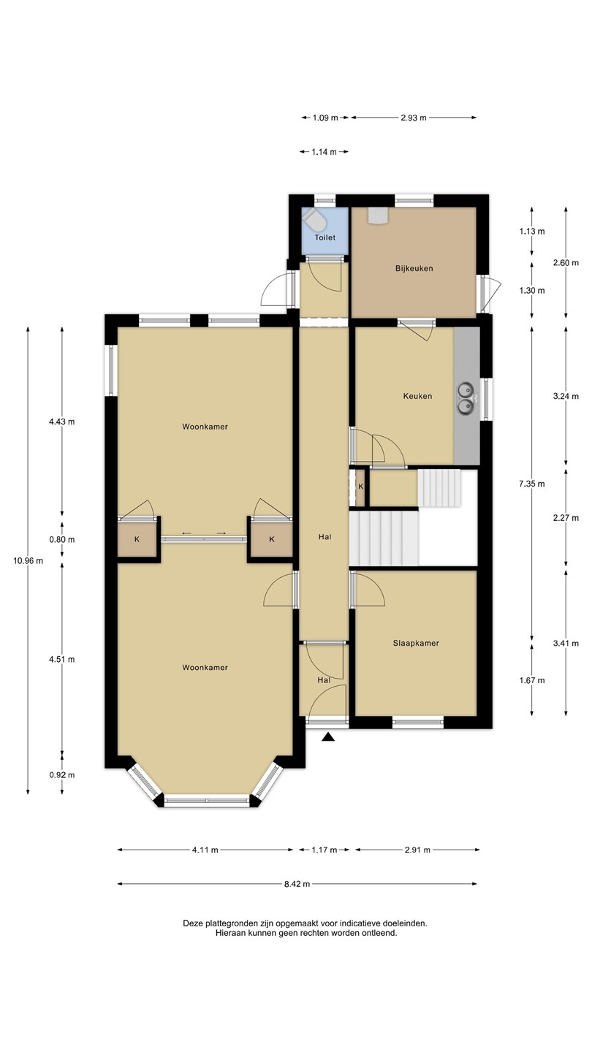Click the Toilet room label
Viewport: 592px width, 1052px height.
pyautogui.click(x=325, y=237)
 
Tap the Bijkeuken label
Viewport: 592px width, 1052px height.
pyautogui.click(x=414, y=269)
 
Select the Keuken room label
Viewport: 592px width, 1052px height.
pyautogui.click(x=418, y=396)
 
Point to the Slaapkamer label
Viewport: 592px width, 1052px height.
pyautogui.click(x=416, y=643)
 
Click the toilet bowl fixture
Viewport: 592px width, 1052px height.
pyautogui.click(x=313, y=218)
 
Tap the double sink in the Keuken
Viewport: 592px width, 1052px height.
pyautogui.click(x=466, y=397)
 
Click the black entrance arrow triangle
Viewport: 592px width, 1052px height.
pyautogui.click(x=328, y=737)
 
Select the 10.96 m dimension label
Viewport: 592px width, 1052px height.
pyautogui.click(x=29, y=560)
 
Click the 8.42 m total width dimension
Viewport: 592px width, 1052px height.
pyautogui.click(x=297, y=884)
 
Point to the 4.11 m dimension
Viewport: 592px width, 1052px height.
pyautogui.click(x=205, y=850)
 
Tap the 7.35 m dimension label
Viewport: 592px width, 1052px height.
pyautogui.click(x=532, y=484)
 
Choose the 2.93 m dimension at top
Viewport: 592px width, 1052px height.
pyautogui.click(x=414, y=118)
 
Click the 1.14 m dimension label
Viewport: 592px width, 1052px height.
pyautogui.click(x=325, y=152)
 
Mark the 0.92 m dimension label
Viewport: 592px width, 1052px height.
pyautogui.click(x=62, y=775)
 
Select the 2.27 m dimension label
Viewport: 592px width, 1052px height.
pyautogui.click(x=566, y=518)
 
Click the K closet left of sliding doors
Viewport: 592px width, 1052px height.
pyautogui.click(x=137, y=539)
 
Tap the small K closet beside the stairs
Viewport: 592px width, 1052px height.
pyautogui.click(x=361, y=487)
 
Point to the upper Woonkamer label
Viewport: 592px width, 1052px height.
pyautogui.click(x=205, y=427)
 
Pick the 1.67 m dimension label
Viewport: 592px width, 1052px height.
pyautogui.click(x=532, y=680)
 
